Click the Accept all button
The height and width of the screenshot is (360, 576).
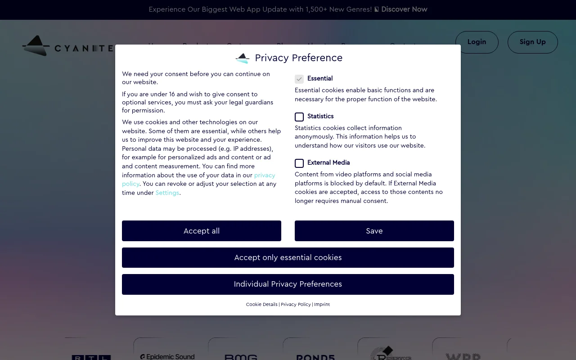201,231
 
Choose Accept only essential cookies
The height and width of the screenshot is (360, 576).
288,257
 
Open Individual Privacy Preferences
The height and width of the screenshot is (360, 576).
288,284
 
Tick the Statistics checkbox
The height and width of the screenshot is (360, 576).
299,117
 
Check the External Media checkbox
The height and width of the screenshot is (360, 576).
299,163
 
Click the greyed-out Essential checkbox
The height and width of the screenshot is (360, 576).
299,79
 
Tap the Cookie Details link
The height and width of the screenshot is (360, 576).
261,305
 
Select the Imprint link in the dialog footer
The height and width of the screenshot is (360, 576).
322,305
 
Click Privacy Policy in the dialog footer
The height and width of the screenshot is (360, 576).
296,305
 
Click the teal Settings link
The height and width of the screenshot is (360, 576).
167,193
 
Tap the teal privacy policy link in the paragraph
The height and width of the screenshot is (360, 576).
264,175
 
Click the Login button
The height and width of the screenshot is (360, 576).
477,42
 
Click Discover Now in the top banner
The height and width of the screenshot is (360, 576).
404,9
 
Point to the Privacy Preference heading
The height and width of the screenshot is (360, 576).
298,58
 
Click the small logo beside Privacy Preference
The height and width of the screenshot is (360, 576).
243,58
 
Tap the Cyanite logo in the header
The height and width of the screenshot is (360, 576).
67,46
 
